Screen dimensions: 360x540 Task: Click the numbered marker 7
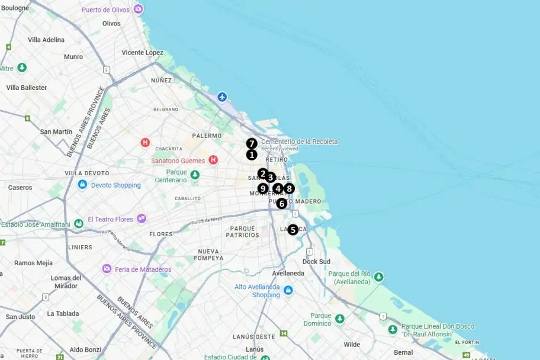coord(252,143)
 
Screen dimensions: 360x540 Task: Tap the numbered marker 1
coord(252,155)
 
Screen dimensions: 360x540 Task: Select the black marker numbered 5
coord(293,230)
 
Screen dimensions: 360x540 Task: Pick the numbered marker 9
coord(263,188)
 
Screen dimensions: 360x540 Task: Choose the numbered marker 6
coord(282,203)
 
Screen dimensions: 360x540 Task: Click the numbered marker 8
coord(288,188)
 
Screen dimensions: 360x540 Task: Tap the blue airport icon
coord(222,97)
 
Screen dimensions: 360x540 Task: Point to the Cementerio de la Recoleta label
coord(300,142)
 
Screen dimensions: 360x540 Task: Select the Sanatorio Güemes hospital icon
coord(213,160)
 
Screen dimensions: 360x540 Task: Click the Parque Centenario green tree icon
coord(195,175)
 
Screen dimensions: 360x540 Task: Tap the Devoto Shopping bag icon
coord(82,185)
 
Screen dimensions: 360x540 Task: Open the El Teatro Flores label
coord(110,219)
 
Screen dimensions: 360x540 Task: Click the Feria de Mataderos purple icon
coord(107,269)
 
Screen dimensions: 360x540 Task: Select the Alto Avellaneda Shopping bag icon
coord(288,291)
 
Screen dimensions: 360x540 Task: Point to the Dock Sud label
coord(316,261)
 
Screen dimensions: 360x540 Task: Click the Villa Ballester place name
coord(27,88)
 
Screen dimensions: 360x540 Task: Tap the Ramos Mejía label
coord(33,263)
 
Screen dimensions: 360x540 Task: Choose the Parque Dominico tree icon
coord(339,319)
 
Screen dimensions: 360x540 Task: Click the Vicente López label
coord(142,53)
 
